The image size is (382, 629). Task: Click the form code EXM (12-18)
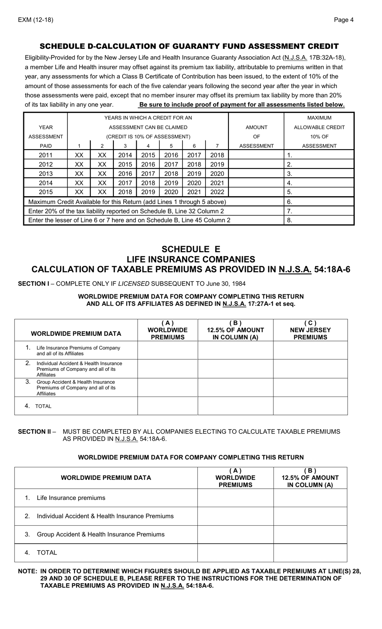(x=35, y=20)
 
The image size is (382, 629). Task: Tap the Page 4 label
(x=344, y=20)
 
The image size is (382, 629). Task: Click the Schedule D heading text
(x=189, y=46)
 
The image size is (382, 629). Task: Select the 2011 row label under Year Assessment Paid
(x=45, y=155)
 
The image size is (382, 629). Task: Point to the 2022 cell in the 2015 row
(x=217, y=192)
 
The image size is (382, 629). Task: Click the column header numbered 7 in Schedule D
(x=217, y=146)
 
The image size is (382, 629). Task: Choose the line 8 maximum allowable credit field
(x=319, y=220)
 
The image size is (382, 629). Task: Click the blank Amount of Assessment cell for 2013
(x=256, y=173)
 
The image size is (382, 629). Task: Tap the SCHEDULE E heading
(x=191, y=249)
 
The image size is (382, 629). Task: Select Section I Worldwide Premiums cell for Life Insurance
(x=167, y=350)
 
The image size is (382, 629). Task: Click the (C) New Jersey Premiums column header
(x=310, y=330)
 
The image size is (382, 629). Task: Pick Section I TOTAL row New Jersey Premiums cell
(x=310, y=406)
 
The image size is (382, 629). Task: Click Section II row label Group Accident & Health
(x=101, y=534)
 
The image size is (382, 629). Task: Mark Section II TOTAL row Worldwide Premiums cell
(x=235, y=553)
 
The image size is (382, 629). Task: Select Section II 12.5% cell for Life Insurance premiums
(x=310, y=498)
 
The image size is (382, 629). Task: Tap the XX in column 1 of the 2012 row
(x=79, y=164)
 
